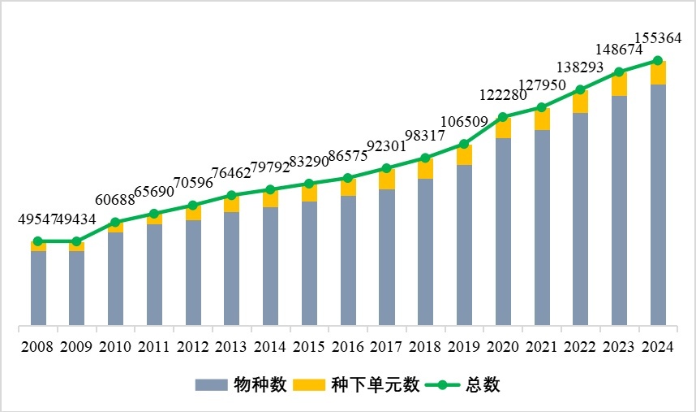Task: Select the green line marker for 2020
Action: tap(503, 117)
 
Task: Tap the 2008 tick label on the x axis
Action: tap(37, 346)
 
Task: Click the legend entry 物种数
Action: tap(241, 384)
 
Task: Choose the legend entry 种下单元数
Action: tap(363, 384)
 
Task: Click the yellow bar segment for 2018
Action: tap(425, 168)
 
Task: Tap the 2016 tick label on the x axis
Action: tap(347, 346)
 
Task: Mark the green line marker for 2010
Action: tap(115, 222)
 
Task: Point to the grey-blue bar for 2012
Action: tap(193, 272)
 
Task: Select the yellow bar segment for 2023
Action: tap(619, 85)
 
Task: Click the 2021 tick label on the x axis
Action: tap(541, 346)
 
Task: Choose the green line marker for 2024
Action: tap(658, 61)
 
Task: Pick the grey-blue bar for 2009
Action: tap(76, 288)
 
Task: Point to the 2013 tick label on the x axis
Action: tap(231, 346)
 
